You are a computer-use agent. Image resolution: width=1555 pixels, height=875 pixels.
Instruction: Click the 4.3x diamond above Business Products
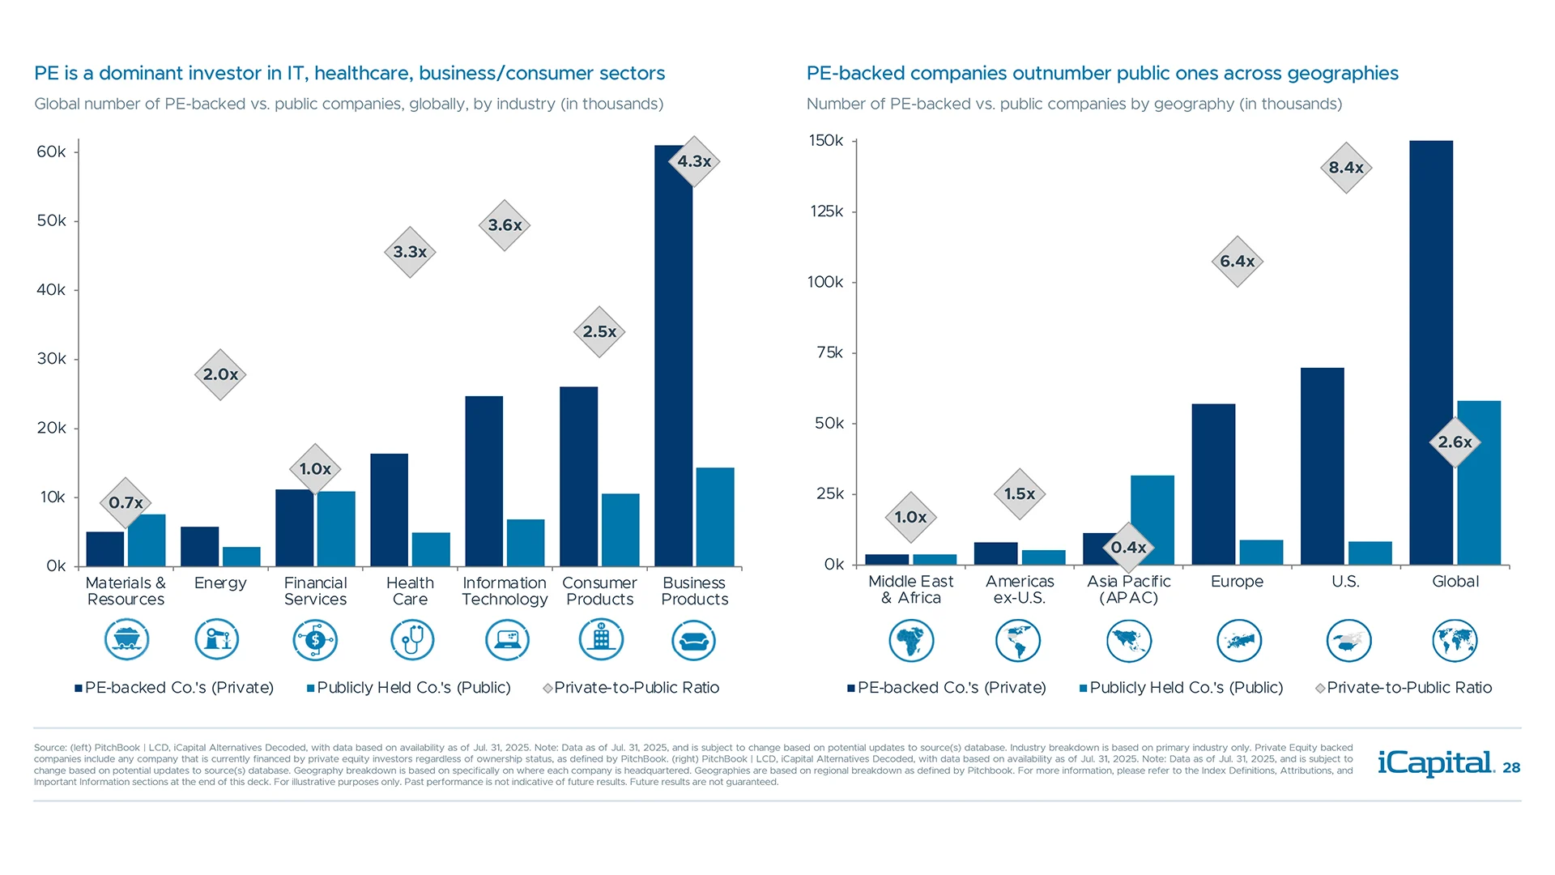(x=694, y=161)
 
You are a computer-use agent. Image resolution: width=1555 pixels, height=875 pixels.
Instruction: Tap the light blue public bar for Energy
(x=241, y=557)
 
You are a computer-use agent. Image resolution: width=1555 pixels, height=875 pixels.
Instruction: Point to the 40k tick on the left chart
(x=51, y=290)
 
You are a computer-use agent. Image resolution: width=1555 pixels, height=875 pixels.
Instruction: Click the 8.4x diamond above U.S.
(x=1345, y=168)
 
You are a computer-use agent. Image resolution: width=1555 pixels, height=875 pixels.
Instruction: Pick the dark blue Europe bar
(x=1212, y=484)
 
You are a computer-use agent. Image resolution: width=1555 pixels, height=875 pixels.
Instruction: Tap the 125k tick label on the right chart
(x=826, y=211)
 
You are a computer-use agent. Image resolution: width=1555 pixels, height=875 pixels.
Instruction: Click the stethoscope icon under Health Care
(x=411, y=640)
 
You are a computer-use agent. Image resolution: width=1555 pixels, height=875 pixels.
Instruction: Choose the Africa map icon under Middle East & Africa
(x=911, y=641)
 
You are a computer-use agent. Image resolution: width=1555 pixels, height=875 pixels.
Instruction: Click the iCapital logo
(x=1435, y=763)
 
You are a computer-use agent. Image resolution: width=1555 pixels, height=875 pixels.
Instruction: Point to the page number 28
(x=1511, y=768)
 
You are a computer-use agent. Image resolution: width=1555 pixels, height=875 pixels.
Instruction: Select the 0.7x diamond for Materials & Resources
(x=126, y=502)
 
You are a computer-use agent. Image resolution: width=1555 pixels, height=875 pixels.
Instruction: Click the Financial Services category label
(x=315, y=591)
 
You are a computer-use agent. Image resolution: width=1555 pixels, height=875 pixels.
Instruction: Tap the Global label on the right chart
(x=1455, y=581)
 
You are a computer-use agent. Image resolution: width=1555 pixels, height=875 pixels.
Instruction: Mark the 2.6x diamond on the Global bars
(x=1455, y=442)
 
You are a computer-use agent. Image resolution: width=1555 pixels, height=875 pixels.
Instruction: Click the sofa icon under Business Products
(x=693, y=641)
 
